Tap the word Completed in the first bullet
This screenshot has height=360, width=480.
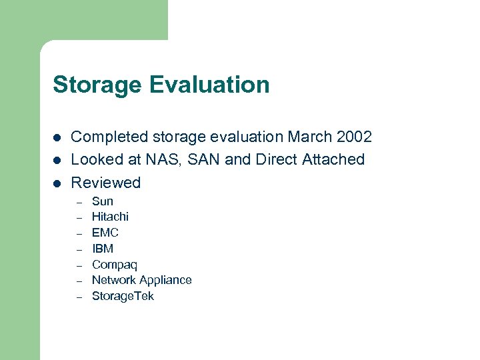click(x=111, y=137)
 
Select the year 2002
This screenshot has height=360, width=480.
click(x=353, y=137)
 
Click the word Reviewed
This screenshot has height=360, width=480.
click(x=106, y=183)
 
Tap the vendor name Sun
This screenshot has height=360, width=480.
click(x=103, y=201)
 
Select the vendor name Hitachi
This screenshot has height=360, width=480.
click(x=110, y=217)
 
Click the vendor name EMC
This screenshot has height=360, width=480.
click(x=105, y=233)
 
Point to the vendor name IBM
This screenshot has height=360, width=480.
click(x=103, y=249)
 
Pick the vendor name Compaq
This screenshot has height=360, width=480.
click(x=115, y=265)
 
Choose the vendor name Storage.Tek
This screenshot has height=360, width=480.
click(x=123, y=296)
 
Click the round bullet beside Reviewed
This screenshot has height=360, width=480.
click(x=57, y=183)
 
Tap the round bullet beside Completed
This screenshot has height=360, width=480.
click(x=57, y=138)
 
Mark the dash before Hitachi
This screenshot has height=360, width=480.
click(x=78, y=217)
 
